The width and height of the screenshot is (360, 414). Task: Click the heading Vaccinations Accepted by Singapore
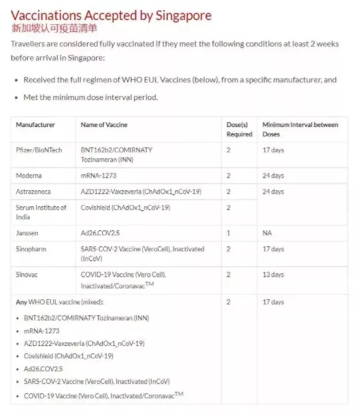pos(112,15)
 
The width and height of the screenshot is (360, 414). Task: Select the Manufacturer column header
pos(35,125)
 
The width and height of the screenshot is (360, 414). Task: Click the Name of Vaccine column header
pos(104,125)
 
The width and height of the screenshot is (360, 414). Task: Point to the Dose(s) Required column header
pos(239,130)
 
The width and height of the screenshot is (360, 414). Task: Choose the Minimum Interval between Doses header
pos(300,130)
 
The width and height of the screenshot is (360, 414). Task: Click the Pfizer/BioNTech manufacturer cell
pos(39,150)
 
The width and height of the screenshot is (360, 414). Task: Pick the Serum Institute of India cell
pos(41,212)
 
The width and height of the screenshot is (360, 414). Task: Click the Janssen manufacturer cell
pos(27,233)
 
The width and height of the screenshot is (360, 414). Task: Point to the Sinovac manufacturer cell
pos(29,274)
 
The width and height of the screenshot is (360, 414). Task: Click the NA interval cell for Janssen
pos(266,233)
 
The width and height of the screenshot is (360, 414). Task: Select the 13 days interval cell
pos(273,274)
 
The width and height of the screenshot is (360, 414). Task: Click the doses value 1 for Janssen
pos(228,233)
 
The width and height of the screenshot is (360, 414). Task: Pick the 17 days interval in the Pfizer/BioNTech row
pos(273,150)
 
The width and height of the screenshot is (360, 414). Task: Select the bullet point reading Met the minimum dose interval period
pos(90,97)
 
